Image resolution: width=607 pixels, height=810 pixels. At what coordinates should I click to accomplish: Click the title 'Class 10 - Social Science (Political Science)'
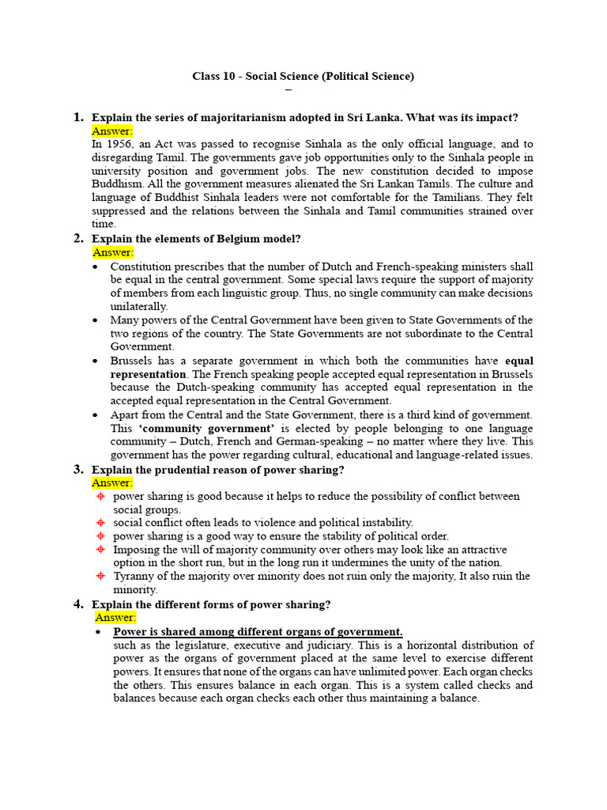coord(303,76)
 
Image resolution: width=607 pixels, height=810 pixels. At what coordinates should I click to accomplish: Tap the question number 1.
coord(77,117)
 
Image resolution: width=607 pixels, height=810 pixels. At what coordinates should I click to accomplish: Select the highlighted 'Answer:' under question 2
coord(112,252)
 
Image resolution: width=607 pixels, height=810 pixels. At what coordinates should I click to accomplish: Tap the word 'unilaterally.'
coord(139,306)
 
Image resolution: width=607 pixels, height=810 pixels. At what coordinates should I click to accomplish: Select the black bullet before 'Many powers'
coord(96,320)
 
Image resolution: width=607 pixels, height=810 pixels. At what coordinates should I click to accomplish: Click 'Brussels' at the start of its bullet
coord(133,361)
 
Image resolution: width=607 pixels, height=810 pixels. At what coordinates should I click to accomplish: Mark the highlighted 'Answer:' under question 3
coord(112,483)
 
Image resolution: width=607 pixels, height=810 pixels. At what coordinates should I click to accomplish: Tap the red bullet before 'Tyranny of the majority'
coord(100,577)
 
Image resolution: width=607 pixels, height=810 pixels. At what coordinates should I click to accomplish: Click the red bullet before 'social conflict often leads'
coord(100,523)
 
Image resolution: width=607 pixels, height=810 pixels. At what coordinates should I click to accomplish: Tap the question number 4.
coord(78,604)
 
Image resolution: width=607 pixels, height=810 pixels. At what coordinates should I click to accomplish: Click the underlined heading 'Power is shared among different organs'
coord(258,631)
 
